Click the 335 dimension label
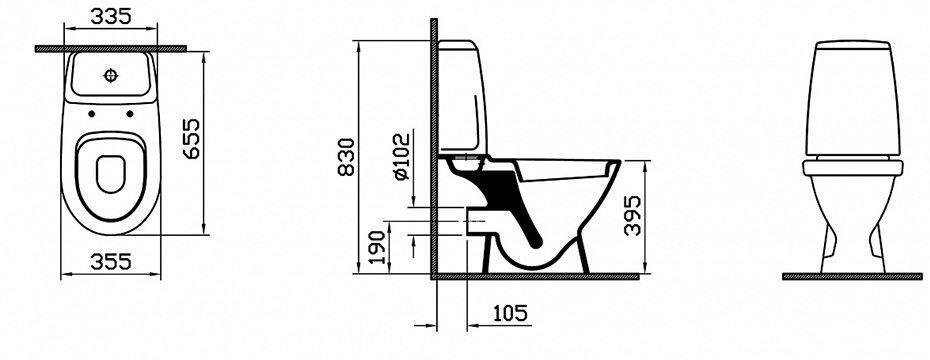(110, 17)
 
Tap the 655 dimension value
(191, 139)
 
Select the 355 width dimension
(110, 262)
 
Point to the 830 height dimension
(346, 157)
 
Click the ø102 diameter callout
(401, 156)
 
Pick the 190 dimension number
(378, 247)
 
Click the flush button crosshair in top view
(111, 75)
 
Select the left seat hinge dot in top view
(92, 113)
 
